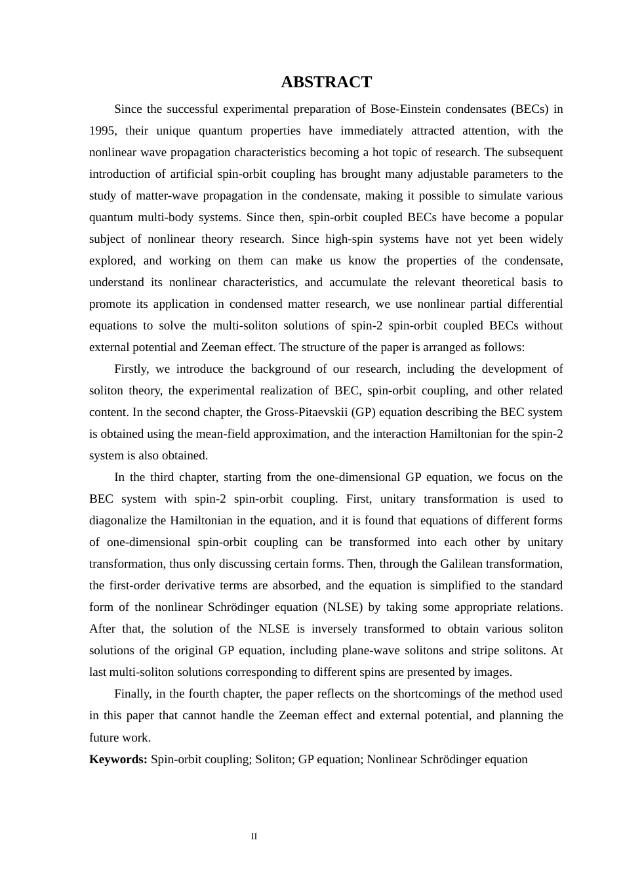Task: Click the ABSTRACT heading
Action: coord(326,82)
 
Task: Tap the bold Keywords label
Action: coord(118,759)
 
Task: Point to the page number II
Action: coord(254,837)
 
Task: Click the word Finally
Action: coord(132,694)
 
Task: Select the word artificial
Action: coord(195,174)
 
